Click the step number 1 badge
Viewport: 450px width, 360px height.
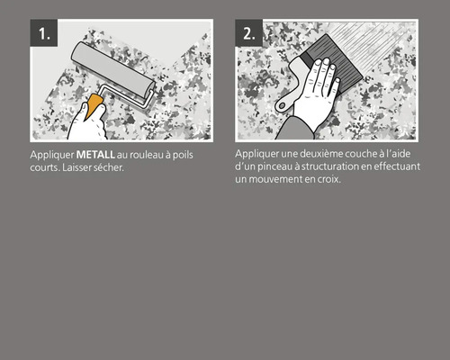44,34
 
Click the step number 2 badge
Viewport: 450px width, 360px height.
249,34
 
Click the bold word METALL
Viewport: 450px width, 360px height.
94,155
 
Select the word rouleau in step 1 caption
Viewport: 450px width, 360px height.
148,155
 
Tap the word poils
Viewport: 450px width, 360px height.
184,155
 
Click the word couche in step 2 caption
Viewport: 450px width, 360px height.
355,154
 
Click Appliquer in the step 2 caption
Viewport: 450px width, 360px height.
254,154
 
